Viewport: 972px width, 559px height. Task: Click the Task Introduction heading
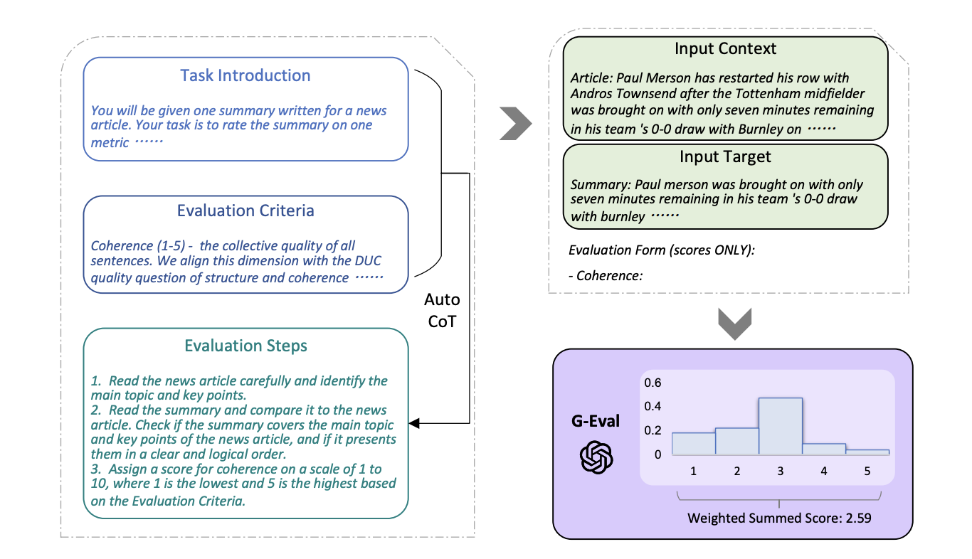(245, 75)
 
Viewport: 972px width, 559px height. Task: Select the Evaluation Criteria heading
(245, 211)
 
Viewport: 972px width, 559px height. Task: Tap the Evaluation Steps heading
(245, 346)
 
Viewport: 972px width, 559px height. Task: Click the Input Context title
(725, 49)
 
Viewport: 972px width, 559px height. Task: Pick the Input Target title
(725, 156)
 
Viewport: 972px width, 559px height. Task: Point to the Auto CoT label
(443, 309)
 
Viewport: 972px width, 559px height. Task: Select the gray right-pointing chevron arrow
(517, 124)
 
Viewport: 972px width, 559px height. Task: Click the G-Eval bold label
(596, 422)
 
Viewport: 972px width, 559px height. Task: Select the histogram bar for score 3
(780, 426)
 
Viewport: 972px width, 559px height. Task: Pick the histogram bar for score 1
(693, 443)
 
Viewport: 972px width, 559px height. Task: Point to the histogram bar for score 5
(867, 452)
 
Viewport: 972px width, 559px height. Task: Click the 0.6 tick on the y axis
(653, 383)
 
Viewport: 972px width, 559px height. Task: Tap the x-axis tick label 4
(823, 471)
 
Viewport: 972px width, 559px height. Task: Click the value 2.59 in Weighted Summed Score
(858, 518)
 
